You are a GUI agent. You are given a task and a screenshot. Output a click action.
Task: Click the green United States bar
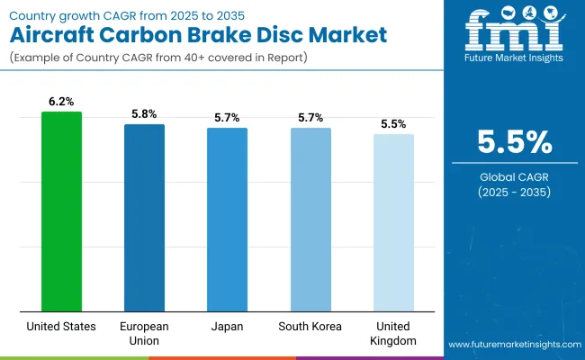click(x=61, y=211)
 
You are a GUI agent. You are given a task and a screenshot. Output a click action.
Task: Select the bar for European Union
click(x=144, y=218)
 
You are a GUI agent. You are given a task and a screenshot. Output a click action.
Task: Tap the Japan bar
click(x=227, y=220)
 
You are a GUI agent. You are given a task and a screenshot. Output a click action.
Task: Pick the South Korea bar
click(x=310, y=220)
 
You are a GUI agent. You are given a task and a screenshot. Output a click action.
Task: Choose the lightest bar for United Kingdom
click(x=393, y=222)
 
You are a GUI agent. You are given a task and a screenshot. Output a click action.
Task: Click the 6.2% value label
click(x=61, y=103)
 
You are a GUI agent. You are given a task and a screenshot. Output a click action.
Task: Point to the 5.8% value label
click(x=144, y=114)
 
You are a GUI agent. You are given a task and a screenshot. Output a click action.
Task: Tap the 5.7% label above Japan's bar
click(x=227, y=118)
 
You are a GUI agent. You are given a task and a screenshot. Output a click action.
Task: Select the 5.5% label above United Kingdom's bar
click(x=393, y=124)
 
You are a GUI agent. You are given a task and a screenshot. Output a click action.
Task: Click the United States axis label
click(x=61, y=327)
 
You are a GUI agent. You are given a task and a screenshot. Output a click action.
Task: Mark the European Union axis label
click(x=144, y=333)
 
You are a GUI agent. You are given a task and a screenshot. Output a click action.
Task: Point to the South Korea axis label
click(x=310, y=327)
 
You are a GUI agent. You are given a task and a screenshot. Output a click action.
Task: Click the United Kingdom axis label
click(x=393, y=333)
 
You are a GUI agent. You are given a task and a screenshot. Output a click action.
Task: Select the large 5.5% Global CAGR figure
click(x=513, y=144)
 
